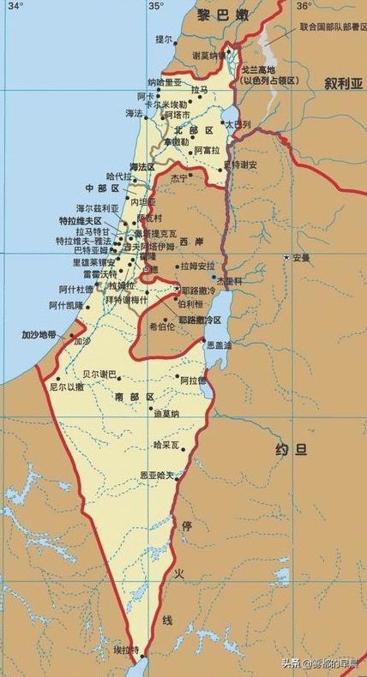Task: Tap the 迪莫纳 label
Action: pyautogui.click(x=166, y=414)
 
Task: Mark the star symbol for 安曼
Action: pyautogui.click(x=287, y=257)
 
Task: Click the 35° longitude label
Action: pyautogui.click(x=155, y=6)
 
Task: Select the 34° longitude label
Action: pyautogui.click(x=15, y=6)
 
